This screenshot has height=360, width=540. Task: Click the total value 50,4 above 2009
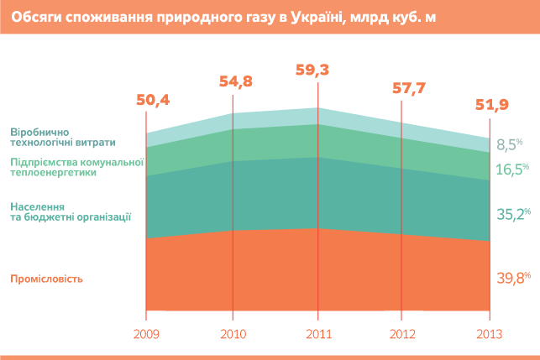coord(153,101)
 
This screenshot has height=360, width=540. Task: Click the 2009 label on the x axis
coord(146,333)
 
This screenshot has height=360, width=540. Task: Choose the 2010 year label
coord(233,333)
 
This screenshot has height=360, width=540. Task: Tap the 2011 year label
coord(317,333)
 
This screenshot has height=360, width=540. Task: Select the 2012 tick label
coord(403,333)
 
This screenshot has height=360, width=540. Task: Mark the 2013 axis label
coord(489,333)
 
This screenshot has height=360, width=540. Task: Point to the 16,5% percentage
coord(511,169)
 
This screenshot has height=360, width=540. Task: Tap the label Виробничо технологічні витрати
coord(63,137)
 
